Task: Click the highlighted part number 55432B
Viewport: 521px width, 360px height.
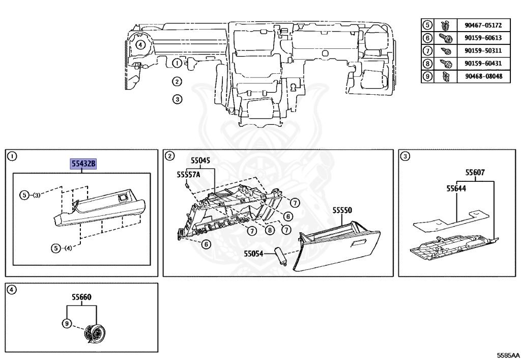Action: (x=83, y=164)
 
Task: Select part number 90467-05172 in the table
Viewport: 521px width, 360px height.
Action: (x=483, y=25)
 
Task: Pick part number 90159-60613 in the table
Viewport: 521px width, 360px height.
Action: (x=483, y=38)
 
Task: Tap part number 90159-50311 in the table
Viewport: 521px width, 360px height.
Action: (x=483, y=51)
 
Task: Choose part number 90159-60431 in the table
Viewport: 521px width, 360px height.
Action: (x=483, y=64)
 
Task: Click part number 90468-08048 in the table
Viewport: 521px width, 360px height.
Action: (x=483, y=76)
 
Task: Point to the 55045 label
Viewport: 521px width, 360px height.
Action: (x=200, y=160)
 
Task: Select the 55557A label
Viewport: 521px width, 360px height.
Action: (x=188, y=174)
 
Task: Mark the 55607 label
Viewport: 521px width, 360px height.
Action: (x=475, y=173)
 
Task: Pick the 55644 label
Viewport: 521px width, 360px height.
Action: (x=456, y=188)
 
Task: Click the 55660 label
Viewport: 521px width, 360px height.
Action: (x=81, y=297)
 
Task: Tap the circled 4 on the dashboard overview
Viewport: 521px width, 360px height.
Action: (x=141, y=45)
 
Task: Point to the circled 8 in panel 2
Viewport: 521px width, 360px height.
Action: (x=269, y=230)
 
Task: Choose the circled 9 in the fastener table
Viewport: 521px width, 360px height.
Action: (x=428, y=76)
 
